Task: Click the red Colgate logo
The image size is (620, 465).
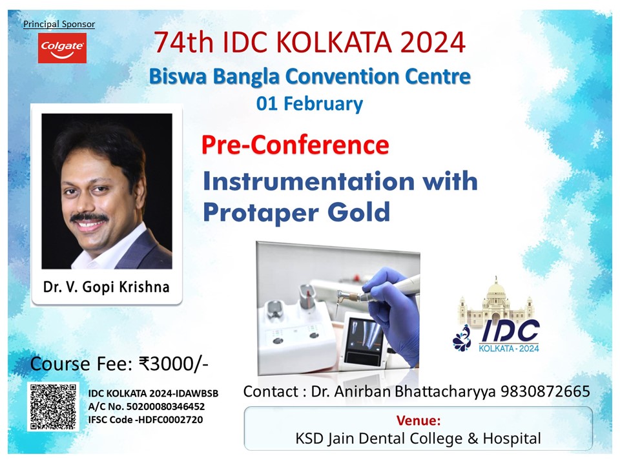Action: coord(62,48)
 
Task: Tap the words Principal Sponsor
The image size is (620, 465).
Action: coord(59,24)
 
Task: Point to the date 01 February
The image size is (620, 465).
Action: coord(309,103)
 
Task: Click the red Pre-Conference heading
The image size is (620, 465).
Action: coord(295,145)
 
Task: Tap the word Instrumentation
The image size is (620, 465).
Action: coord(309,181)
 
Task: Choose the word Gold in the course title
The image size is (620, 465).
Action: coord(358,212)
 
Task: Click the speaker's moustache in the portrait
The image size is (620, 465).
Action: coord(89,218)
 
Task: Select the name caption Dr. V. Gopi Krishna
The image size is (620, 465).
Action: coord(106,287)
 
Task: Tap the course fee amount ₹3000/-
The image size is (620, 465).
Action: coord(174,364)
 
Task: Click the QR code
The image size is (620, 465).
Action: coord(53,406)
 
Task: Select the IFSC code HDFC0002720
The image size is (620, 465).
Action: coord(169,420)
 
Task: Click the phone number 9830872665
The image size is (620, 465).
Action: coord(545,391)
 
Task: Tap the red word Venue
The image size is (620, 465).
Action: coord(418,420)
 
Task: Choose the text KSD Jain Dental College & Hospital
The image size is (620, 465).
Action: coord(418,439)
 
